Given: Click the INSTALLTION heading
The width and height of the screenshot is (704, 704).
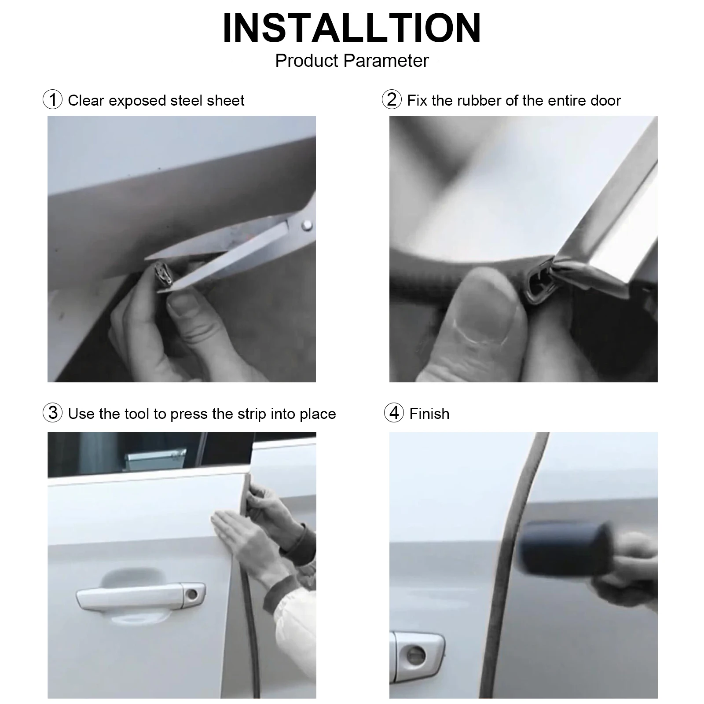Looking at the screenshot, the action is (x=352, y=28).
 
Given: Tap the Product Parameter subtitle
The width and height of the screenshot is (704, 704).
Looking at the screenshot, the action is (x=352, y=61).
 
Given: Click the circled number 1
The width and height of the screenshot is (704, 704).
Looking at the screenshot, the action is (x=52, y=100).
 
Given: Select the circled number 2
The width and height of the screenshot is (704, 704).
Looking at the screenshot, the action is (x=392, y=99).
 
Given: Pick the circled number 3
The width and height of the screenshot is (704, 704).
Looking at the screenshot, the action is (x=52, y=413).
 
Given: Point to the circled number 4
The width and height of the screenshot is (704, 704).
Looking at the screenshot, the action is (x=394, y=413).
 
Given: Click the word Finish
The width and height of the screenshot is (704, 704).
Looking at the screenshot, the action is (x=429, y=414).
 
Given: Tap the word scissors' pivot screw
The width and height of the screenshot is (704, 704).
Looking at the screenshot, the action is (x=308, y=226).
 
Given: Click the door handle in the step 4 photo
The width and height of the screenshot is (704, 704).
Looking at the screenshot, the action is (x=417, y=650).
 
